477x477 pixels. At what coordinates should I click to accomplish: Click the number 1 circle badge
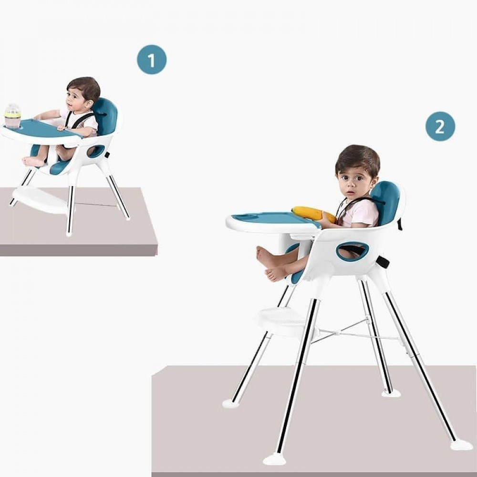click(x=152, y=60)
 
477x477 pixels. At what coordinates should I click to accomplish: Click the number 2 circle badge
click(x=440, y=126)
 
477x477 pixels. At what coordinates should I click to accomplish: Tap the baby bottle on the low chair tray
click(x=12, y=116)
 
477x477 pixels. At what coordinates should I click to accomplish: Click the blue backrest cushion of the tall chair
click(x=384, y=202)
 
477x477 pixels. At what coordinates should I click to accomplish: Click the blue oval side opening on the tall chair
click(x=353, y=251)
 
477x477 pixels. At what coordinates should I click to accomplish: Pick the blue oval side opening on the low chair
click(x=96, y=151)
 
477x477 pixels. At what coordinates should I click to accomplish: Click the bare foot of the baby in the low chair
click(x=33, y=162)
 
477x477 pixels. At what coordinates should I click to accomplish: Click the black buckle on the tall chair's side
click(x=383, y=261)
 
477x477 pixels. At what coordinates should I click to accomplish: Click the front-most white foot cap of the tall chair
click(x=275, y=459)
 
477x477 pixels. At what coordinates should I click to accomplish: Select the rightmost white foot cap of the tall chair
click(x=461, y=445)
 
